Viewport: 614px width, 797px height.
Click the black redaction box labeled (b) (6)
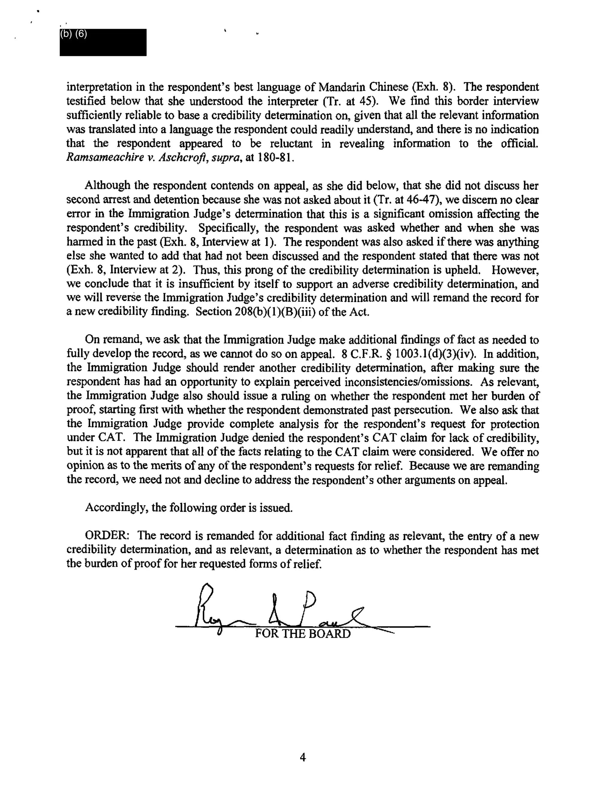pos(103,42)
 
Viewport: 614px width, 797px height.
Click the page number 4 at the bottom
pos(303,757)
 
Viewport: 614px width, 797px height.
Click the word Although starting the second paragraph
pos(107,186)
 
